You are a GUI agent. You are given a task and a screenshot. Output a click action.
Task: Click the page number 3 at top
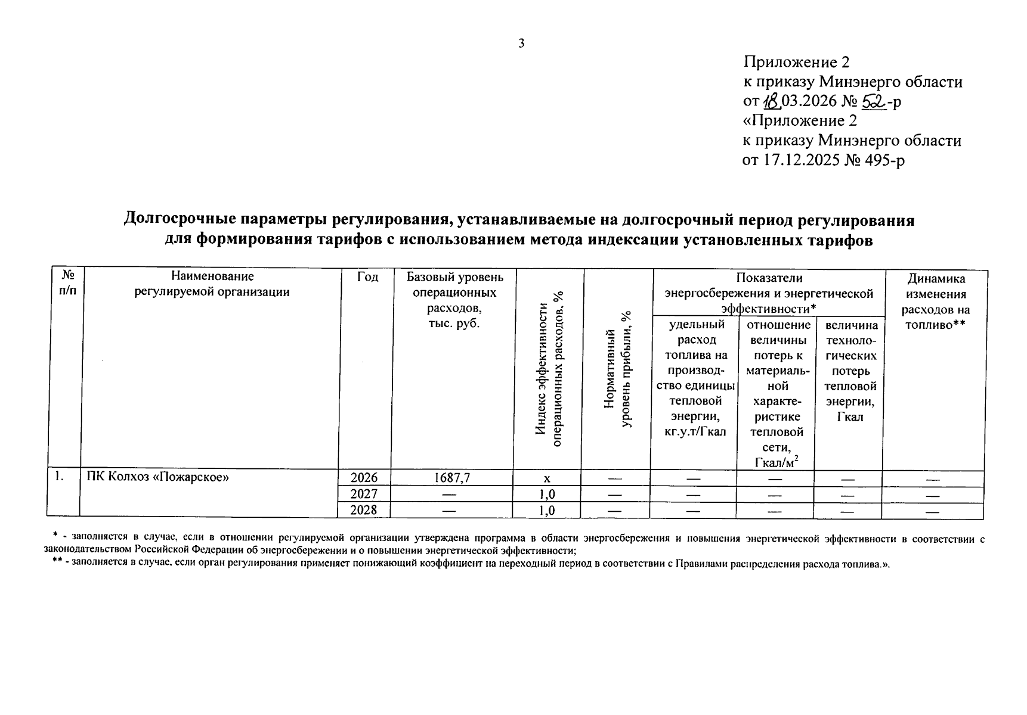[x=521, y=43]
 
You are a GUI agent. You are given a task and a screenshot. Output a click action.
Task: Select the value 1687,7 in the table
[x=451, y=478]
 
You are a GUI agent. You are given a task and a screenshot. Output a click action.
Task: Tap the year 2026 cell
[x=364, y=478]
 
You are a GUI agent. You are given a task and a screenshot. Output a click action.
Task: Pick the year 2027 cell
[x=364, y=494]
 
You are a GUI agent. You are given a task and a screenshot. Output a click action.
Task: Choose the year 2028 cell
[x=364, y=510]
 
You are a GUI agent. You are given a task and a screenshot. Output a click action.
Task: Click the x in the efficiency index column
[x=546, y=478]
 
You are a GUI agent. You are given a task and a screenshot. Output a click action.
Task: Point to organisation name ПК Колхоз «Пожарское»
[x=158, y=477]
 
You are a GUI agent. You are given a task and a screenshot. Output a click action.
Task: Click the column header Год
[x=367, y=276]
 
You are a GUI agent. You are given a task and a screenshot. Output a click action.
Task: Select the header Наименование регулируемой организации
[x=212, y=284]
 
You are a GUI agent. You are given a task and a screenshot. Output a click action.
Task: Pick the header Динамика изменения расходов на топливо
[x=935, y=301]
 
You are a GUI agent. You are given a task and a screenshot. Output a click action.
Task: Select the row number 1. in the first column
[x=59, y=477]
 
